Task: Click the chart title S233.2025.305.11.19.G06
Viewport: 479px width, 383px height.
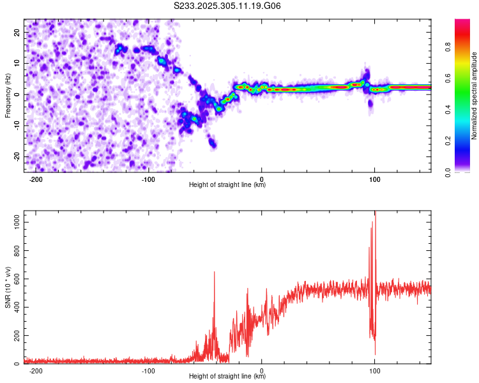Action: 227,6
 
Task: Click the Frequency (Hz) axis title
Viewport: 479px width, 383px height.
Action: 8,94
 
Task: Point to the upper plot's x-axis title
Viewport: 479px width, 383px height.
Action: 227,185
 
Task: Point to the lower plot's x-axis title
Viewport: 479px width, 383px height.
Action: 227,377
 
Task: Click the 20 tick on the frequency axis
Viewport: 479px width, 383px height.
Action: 17,32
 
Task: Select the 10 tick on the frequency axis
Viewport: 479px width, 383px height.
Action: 17,63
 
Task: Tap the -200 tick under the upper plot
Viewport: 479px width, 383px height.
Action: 36,179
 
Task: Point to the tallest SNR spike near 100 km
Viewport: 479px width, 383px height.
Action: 376,213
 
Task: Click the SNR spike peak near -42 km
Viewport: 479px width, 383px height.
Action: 214,272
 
